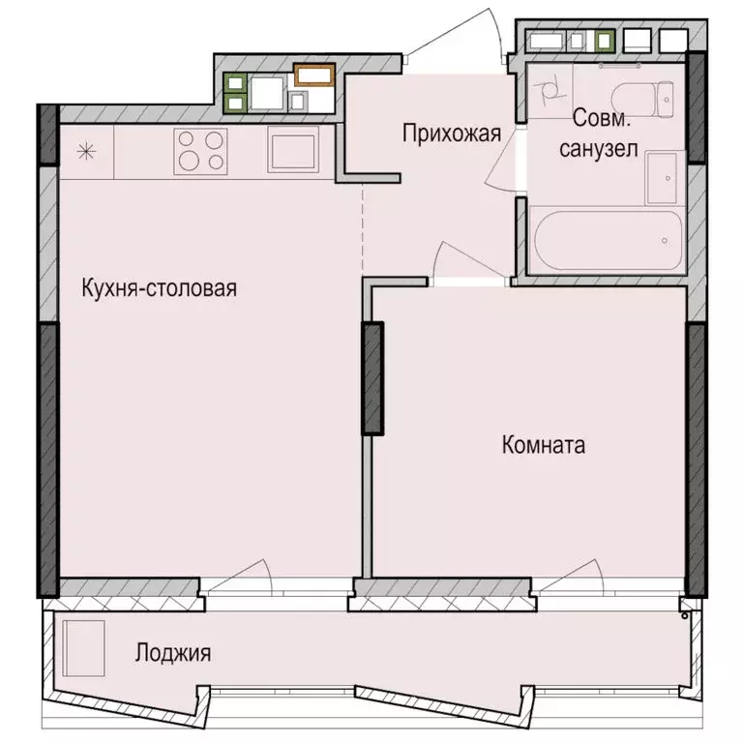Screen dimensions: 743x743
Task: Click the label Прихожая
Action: click(x=452, y=134)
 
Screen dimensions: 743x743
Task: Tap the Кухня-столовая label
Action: click(x=160, y=287)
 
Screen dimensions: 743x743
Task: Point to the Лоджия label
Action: click(x=172, y=653)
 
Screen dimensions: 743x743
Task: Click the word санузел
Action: click(x=604, y=150)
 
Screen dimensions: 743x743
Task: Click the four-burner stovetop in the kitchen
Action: click(x=200, y=150)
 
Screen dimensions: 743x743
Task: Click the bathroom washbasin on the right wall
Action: click(x=664, y=177)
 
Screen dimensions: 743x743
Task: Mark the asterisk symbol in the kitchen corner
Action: click(x=86, y=150)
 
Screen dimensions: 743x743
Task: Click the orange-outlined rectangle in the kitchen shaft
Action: click(x=314, y=74)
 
